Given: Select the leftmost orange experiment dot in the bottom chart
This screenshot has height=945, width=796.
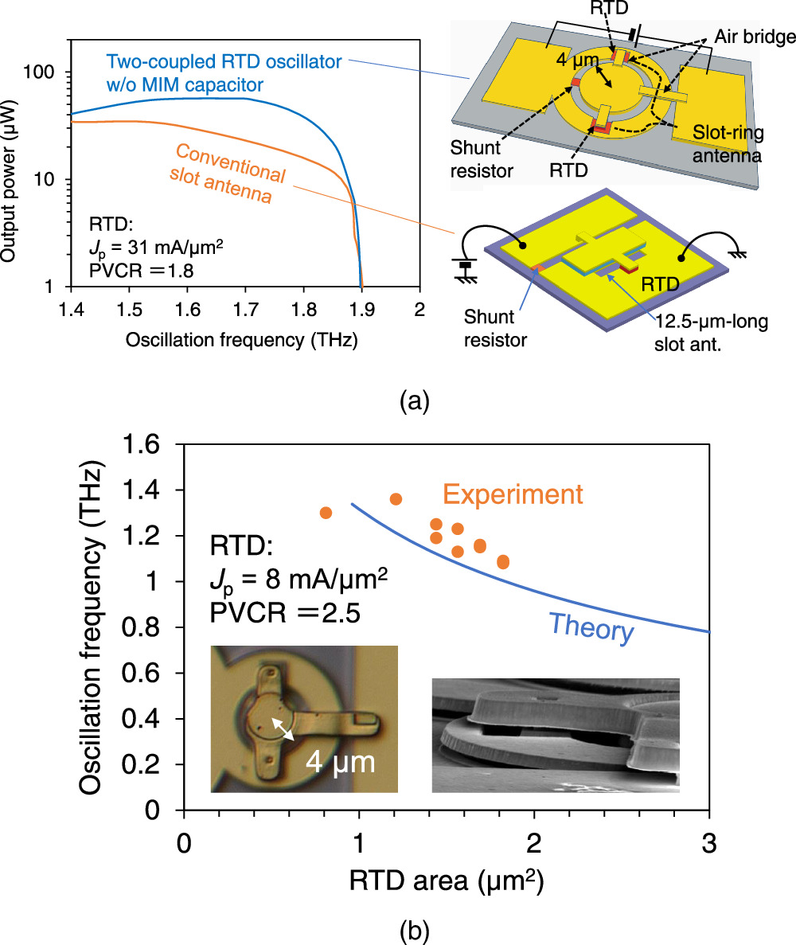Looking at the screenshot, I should [x=326, y=513].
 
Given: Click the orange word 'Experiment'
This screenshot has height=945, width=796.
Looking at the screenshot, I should [x=513, y=494].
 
